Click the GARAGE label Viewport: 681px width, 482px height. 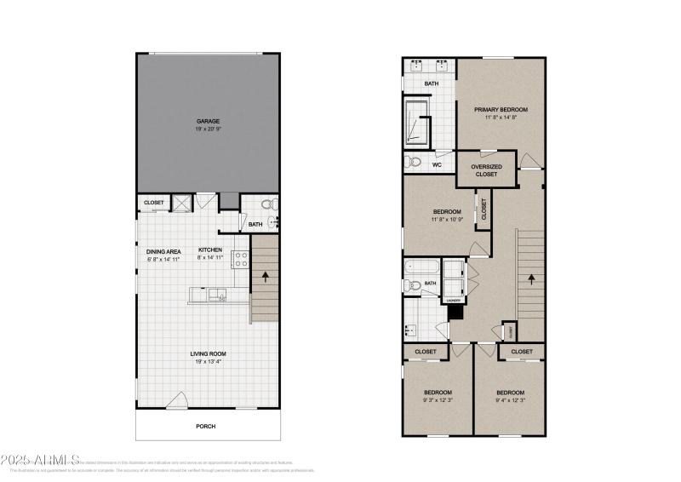click(x=208, y=121)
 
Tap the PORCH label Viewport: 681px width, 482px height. click(x=207, y=427)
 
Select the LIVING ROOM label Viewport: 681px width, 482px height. click(x=208, y=353)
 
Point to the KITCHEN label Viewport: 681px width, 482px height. click(x=210, y=250)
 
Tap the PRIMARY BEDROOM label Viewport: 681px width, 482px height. click(x=501, y=110)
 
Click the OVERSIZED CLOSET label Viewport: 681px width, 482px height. click(x=486, y=169)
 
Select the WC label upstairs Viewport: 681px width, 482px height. click(x=437, y=164)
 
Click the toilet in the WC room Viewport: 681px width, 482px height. click(x=415, y=162)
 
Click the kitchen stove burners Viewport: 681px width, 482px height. click(x=240, y=260)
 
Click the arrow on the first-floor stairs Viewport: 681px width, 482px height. click(x=266, y=277)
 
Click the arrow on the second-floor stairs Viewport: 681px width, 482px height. click(x=532, y=278)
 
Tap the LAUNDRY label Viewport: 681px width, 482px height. click(x=453, y=300)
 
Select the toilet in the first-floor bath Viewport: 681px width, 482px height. click(x=266, y=204)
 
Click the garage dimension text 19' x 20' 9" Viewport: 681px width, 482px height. click(x=208, y=129)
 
